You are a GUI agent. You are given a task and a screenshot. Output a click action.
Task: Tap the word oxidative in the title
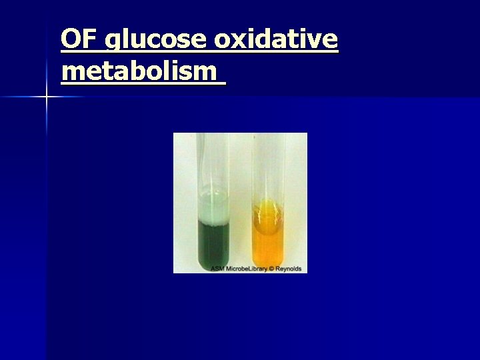(x=276, y=40)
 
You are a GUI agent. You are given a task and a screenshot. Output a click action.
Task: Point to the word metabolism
(x=139, y=71)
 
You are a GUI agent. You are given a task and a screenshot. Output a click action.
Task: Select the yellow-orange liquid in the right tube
(x=269, y=240)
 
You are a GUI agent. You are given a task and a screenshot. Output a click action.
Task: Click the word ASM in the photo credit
(x=218, y=269)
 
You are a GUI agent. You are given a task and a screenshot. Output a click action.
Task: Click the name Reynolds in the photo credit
(x=288, y=269)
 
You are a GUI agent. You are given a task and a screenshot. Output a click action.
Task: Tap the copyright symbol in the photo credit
(x=271, y=269)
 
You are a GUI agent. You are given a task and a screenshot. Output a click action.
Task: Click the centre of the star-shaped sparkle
(x=46, y=97)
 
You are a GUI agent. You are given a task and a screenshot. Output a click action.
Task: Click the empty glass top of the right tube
(x=269, y=167)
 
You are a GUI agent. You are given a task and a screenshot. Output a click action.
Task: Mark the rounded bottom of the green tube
(x=213, y=262)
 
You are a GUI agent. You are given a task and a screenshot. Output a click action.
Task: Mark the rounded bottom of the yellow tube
(x=269, y=262)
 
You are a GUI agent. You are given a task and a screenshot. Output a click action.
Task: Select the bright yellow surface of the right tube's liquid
(x=269, y=209)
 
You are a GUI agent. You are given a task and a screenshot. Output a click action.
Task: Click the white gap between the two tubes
(x=241, y=200)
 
